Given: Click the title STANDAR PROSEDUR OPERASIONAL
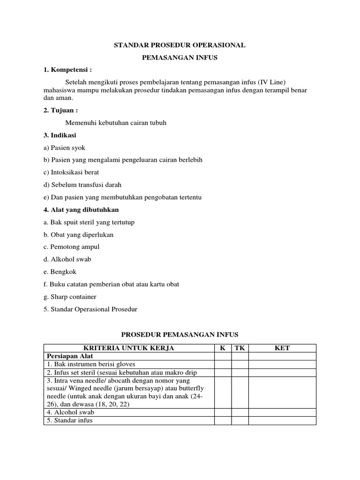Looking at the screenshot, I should (x=180, y=45).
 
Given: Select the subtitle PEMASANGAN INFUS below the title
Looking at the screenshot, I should (x=180, y=58).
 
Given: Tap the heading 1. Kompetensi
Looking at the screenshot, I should (x=67, y=70).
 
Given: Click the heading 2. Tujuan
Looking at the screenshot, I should (x=60, y=111).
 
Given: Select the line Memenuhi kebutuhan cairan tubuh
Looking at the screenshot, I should (x=116, y=123).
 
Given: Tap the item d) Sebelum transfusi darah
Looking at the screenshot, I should (x=82, y=185).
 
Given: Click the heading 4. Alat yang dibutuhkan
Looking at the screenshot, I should (x=81, y=210).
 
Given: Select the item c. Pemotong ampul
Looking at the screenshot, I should (x=71, y=247).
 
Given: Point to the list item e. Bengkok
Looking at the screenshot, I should (x=60, y=271).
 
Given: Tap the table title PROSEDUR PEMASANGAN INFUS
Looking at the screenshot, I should (x=180, y=334).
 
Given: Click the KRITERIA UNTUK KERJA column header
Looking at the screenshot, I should (x=129, y=348).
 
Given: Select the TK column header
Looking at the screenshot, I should (x=240, y=348).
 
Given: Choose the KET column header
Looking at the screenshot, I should (x=282, y=348).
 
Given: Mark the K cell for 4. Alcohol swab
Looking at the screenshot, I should (x=223, y=412).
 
